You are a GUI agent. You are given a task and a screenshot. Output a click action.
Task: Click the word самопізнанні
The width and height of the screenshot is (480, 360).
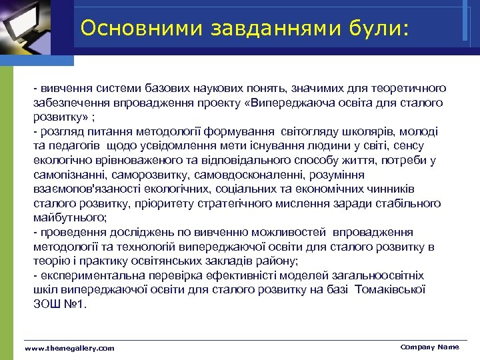pyautogui.click(x=67, y=174)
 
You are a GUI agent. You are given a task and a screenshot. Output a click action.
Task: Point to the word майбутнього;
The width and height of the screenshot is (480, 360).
pyautogui.click(x=70, y=217)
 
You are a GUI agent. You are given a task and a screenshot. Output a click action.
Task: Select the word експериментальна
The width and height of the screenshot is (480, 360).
pyautogui.click(x=83, y=275)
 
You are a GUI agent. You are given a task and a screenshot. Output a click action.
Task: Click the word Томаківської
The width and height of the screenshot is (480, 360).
pyautogui.click(x=391, y=290)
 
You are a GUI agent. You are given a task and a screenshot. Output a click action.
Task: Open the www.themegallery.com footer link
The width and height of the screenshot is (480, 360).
pyautogui.click(x=69, y=348)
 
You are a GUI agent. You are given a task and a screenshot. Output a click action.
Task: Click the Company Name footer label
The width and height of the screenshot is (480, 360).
pyautogui.click(x=429, y=347)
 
